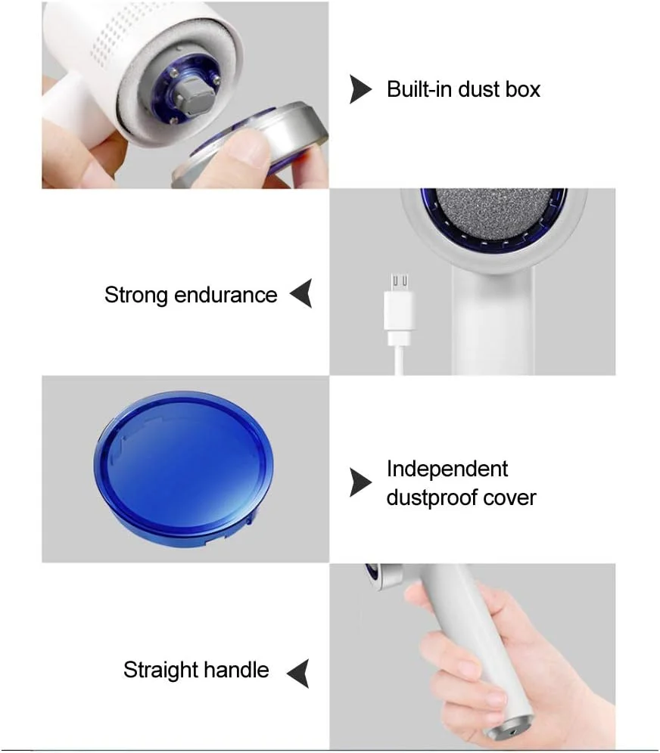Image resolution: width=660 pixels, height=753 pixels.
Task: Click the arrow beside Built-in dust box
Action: point(360,89)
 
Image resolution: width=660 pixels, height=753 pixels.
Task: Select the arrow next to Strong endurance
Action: point(301,293)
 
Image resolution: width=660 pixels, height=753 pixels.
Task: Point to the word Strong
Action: point(135,296)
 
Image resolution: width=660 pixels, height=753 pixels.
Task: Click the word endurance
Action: point(226,295)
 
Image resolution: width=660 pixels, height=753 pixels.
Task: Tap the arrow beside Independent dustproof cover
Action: point(360,482)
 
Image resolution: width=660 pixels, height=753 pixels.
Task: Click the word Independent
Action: point(447,469)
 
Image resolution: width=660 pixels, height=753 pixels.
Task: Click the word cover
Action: point(509,498)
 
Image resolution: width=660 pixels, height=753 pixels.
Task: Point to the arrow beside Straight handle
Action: point(298,674)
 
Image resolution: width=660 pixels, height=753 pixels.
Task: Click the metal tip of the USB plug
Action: point(400,282)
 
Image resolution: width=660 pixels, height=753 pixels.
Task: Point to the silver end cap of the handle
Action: point(510,727)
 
